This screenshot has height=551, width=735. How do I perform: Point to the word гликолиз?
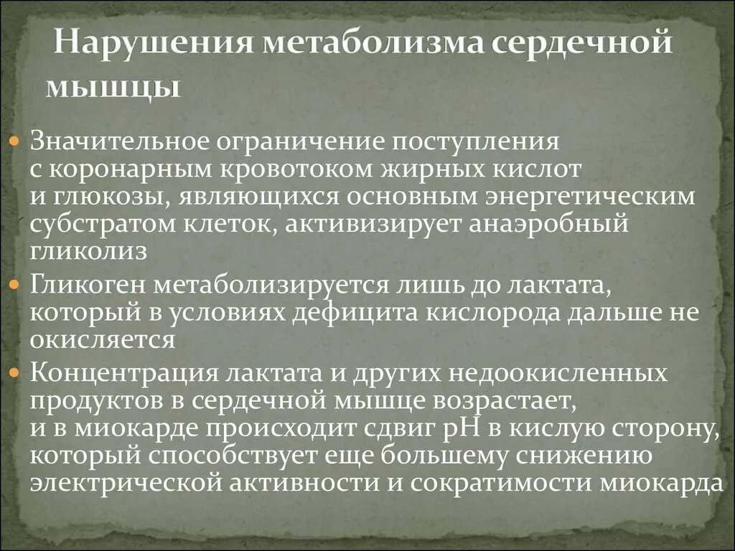pos(89,252)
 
